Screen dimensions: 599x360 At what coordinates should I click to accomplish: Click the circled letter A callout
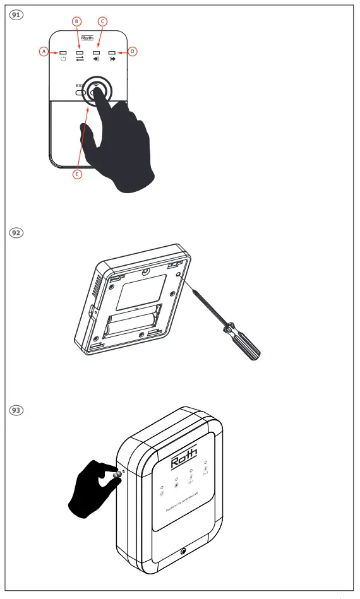click(44, 51)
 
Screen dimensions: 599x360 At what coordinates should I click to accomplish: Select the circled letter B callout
click(77, 21)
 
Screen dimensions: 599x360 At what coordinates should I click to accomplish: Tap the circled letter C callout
click(103, 21)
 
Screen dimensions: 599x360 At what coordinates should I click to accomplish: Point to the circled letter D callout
click(133, 50)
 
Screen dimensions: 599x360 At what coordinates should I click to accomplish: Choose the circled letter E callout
click(77, 174)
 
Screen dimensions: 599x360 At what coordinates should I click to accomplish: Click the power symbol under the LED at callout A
click(63, 60)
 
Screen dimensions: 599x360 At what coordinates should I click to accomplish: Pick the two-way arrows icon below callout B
click(80, 60)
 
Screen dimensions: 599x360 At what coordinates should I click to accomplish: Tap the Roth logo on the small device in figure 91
click(88, 38)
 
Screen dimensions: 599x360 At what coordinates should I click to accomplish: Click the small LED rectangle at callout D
click(112, 52)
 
